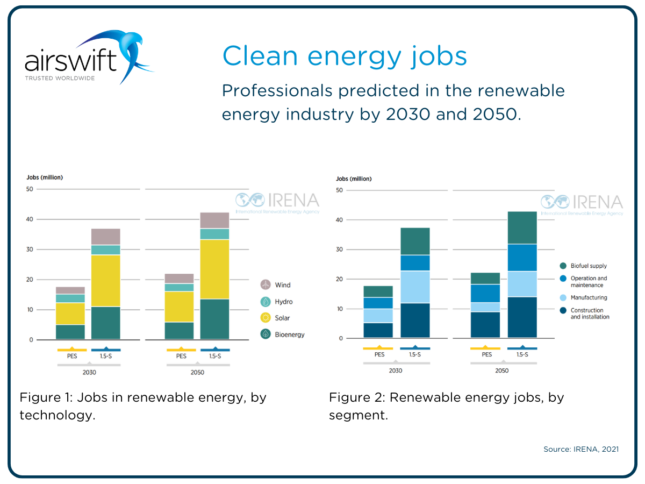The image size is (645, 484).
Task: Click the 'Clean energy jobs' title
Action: click(x=344, y=56)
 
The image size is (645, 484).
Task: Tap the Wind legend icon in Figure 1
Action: click(x=266, y=285)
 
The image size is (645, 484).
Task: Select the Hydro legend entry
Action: click(x=283, y=302)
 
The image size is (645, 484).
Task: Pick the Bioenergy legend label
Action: click(x=289, y=334)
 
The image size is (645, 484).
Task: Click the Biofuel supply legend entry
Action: click(x=589, y=266)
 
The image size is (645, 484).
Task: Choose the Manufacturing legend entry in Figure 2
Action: click(x=589, y=297)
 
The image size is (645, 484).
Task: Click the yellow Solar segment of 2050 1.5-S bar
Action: click(x=214, y=269)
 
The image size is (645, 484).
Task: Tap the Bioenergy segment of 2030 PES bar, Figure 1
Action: click(x=70, y=332)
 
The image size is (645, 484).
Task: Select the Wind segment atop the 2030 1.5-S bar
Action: click(x=106, y=237)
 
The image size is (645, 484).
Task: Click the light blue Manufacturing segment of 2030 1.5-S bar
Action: click(x=415, y=287)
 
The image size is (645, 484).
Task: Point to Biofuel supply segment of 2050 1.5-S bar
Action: click(x=522, y=227)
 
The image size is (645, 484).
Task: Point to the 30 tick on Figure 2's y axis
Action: click(x=339, y=250)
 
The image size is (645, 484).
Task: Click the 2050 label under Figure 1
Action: click(x=197, y=372)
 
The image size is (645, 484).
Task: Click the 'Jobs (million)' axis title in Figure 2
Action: click(x=354, y=179)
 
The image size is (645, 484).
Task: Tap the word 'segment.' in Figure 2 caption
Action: click(x=359, y=415)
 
